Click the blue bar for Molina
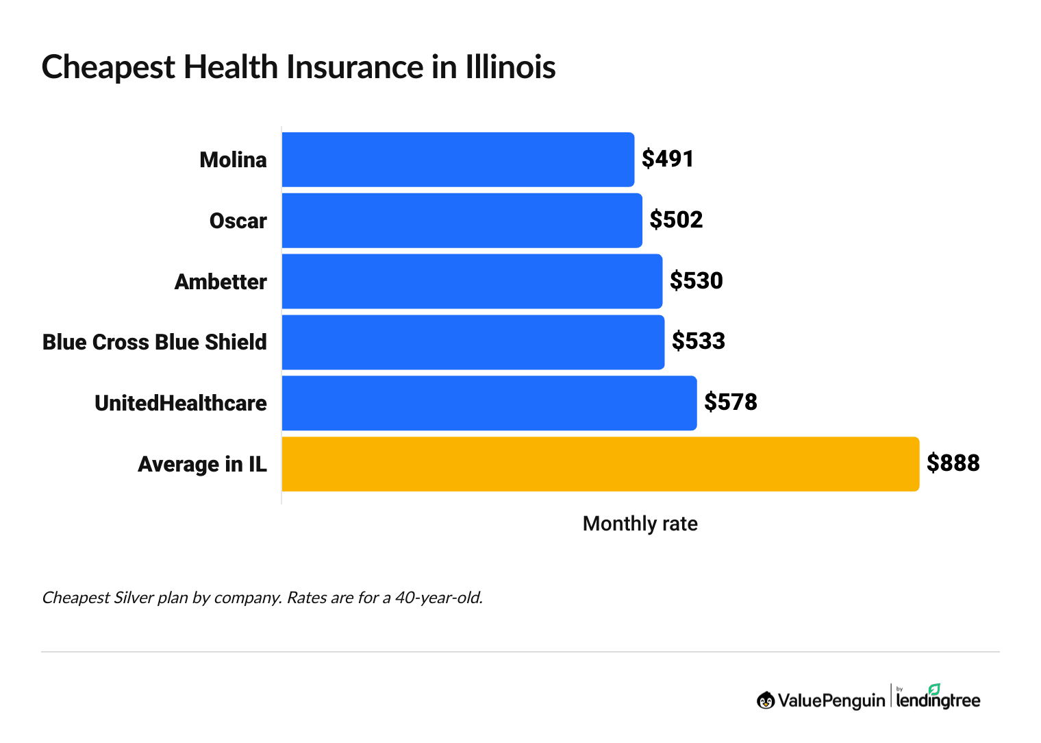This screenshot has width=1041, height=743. click(457, 160)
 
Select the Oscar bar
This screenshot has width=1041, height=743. click(462, 221)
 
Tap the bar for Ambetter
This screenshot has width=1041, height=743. click(472, 282)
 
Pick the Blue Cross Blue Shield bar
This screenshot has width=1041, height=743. click(473, 342)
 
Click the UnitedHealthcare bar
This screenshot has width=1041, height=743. click(489, 403)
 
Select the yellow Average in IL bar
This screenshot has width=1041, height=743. click(600, 464)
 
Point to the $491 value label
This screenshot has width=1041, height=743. click(668, 159)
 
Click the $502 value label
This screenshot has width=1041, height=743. click(676, 220)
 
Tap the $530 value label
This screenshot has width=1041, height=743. click(696, 281)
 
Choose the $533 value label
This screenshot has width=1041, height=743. click(698, 341)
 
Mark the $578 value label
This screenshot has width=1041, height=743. click(730, 402)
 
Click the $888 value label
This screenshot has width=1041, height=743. click(953, 463)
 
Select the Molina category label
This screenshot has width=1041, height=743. click(233, 160)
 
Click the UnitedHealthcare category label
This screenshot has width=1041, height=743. click(181, 404)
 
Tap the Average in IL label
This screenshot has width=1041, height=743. click(202, 465)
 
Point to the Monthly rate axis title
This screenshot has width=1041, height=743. click(640, 524)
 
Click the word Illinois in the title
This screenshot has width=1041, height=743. click(510, 68)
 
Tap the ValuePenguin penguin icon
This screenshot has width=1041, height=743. click(766, 701)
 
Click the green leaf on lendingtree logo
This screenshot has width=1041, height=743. click(934, 689)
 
